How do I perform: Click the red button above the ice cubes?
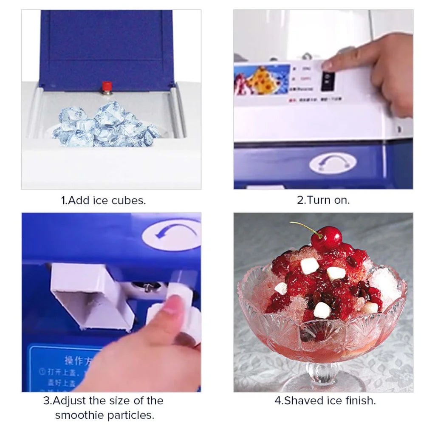[x=107, y=86]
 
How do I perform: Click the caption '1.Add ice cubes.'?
[x=104, y=201]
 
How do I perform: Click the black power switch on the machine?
[x=328, y=81]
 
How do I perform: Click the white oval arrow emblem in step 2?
[x=333, y=163]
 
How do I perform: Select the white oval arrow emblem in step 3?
[x=172, y=234]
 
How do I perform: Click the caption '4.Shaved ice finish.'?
[x=325, y=401]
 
